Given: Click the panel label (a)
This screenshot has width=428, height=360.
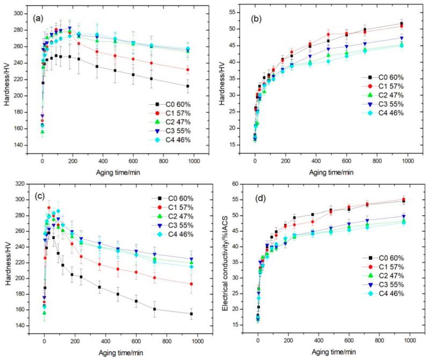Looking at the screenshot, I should (38, 18).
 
